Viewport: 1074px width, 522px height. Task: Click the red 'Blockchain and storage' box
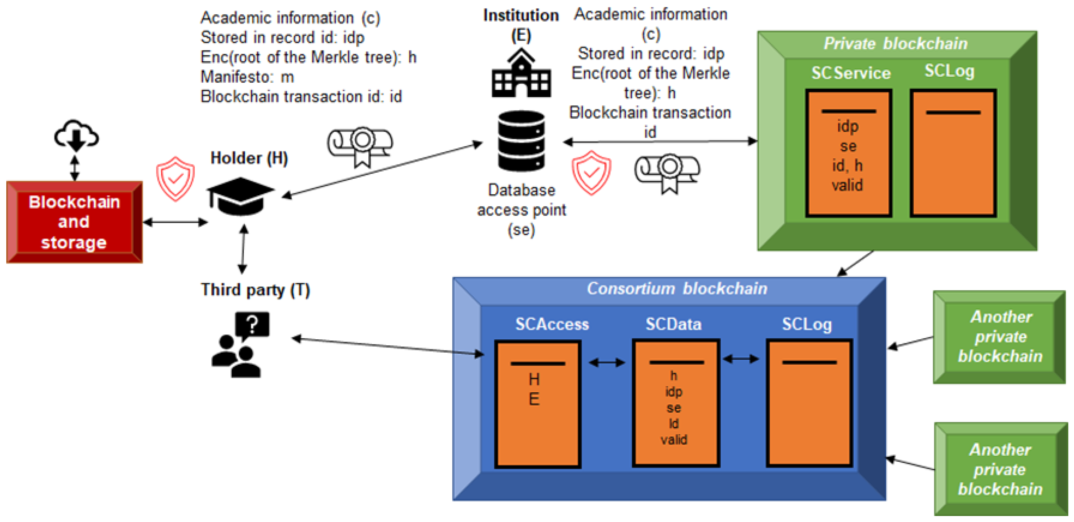tap(75, 222)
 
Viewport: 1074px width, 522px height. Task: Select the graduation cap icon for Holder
tap(240, 196)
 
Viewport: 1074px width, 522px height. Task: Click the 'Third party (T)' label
tap(255, 290)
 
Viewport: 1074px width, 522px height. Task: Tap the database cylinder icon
tap(521, 141)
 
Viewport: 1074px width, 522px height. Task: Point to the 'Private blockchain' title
tap(895, 43)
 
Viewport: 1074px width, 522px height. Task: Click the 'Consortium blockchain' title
tap(677, 288)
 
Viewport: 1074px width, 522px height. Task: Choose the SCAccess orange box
tap(537, 404)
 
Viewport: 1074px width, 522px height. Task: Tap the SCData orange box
tap(676, 403)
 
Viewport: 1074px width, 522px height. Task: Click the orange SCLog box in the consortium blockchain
tap(809, 403)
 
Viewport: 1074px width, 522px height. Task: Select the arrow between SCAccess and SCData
tap(607, 362)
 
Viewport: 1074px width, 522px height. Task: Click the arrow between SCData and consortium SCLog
tap(741, 359)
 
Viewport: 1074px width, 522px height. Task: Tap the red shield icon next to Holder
tap(175, 179)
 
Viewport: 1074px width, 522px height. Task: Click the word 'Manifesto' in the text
tap(236, 77)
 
